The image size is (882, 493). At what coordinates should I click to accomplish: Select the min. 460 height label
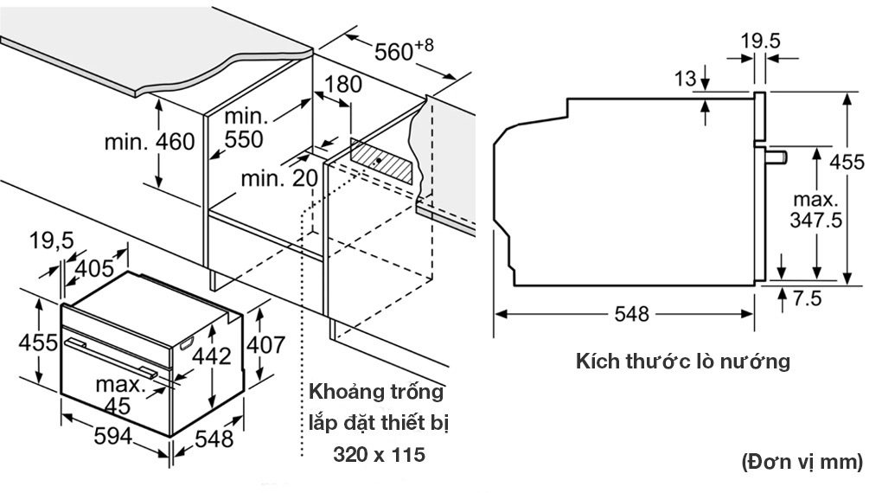[x=150, y=141]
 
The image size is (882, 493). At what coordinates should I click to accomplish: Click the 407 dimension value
[x=265, y=344]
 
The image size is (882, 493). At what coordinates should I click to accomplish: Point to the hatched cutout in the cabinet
[x=380, y=160]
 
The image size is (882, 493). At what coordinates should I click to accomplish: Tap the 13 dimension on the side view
[x=686, y=80]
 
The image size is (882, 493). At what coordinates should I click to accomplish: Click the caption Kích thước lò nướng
[x=683, y=362]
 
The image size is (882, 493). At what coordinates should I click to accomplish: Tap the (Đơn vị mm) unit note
[x=802, y=463]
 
